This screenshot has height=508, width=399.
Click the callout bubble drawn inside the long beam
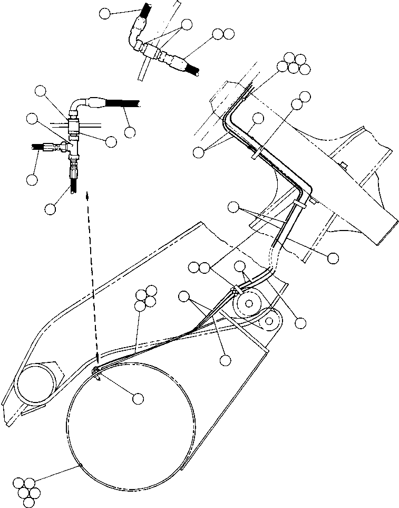tap(257, 119)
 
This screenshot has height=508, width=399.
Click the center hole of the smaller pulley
tap(269, 320)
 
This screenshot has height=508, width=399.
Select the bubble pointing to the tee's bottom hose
tap(51, 208)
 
